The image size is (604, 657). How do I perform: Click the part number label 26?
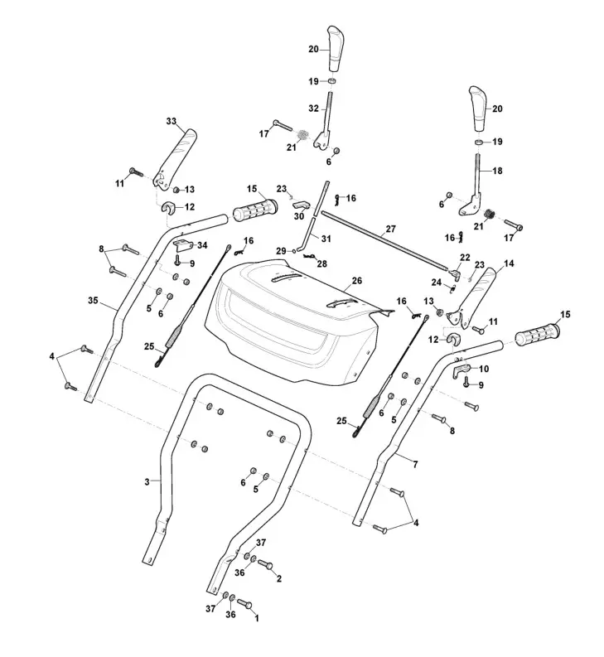356,281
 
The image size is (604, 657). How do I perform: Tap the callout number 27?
391,229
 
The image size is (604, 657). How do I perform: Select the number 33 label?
172,122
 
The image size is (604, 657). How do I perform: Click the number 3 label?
147,482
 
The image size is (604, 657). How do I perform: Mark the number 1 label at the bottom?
256,618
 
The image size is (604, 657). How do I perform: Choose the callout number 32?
313,109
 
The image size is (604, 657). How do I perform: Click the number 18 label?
497,170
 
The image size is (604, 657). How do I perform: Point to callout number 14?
508,263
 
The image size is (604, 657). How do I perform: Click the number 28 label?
321,263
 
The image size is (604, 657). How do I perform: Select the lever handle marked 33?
176,157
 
